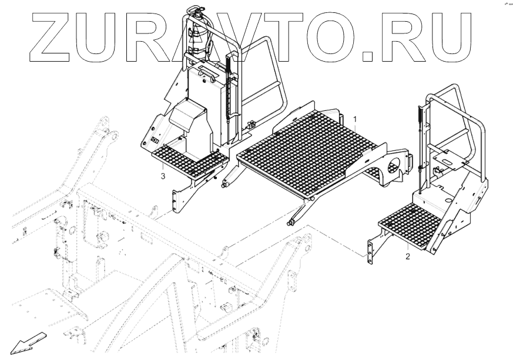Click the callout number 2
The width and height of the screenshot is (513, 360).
point(407,256)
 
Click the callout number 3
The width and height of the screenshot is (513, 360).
point(163,174)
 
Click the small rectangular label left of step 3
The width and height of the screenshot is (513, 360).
point(155,140)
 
